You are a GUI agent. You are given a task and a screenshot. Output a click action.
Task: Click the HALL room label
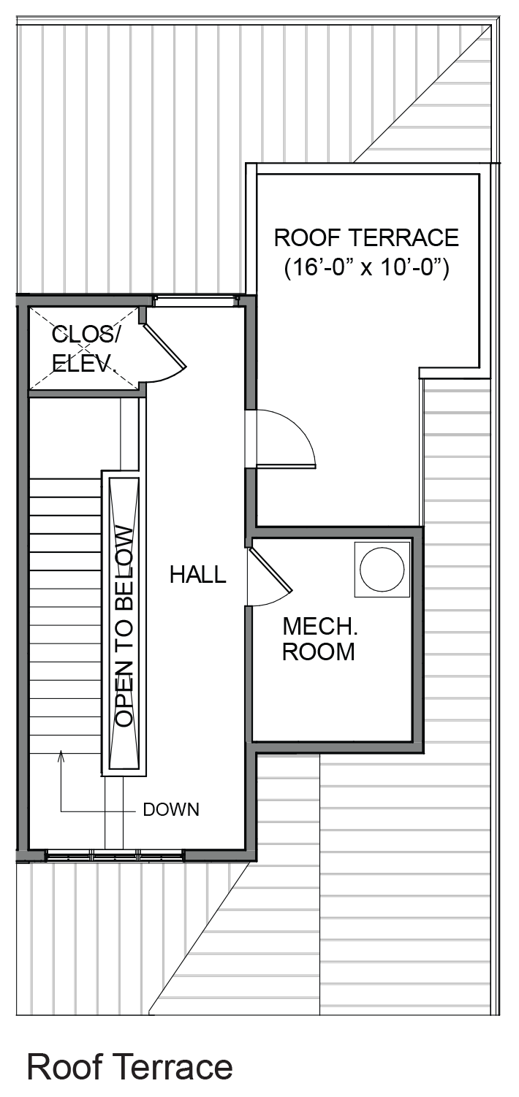click(198, 574)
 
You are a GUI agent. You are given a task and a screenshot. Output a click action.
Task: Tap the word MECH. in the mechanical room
click(320, 627)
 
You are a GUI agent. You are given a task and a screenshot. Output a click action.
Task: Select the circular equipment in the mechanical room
click(382, 569)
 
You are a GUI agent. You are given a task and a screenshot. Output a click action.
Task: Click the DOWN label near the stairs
click(171, 809)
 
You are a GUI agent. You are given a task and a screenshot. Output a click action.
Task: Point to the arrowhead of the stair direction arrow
click(61, 756)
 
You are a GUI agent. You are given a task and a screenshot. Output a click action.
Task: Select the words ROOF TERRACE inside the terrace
click(366, 237)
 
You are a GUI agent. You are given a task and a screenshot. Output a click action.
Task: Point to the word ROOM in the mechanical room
click(319, 651)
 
